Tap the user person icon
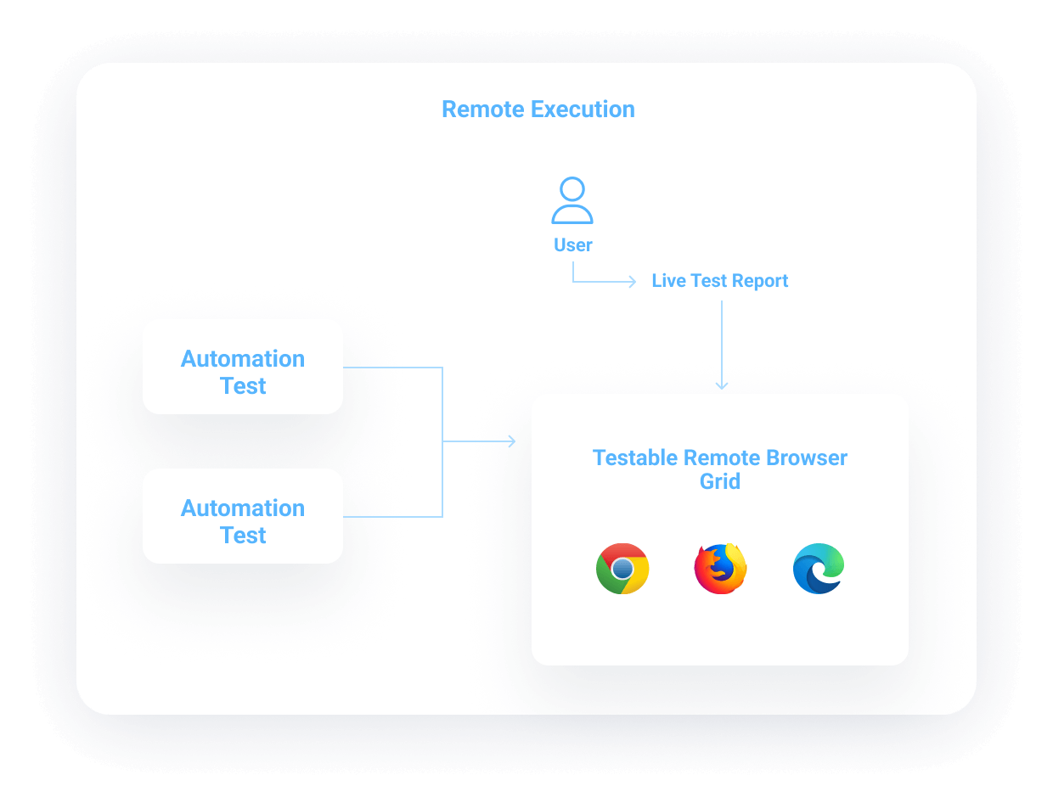coord(572,200)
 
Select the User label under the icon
coord(573,245)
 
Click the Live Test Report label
coord(720,281)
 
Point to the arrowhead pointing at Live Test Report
coord(632,282)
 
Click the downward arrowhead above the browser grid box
coord(722,385)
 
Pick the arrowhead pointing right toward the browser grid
coord(511,441)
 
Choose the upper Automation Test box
coord(243,368)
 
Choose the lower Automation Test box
coord(243,516)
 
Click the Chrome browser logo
coord(622,569)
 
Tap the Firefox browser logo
coord(720,569)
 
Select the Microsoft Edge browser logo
coord(819,569)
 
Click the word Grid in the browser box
coord(720,481)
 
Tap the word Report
coord(760,281)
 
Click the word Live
coord(669,281)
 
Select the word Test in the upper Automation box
coord(243,386)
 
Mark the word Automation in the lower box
coord(243,508)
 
